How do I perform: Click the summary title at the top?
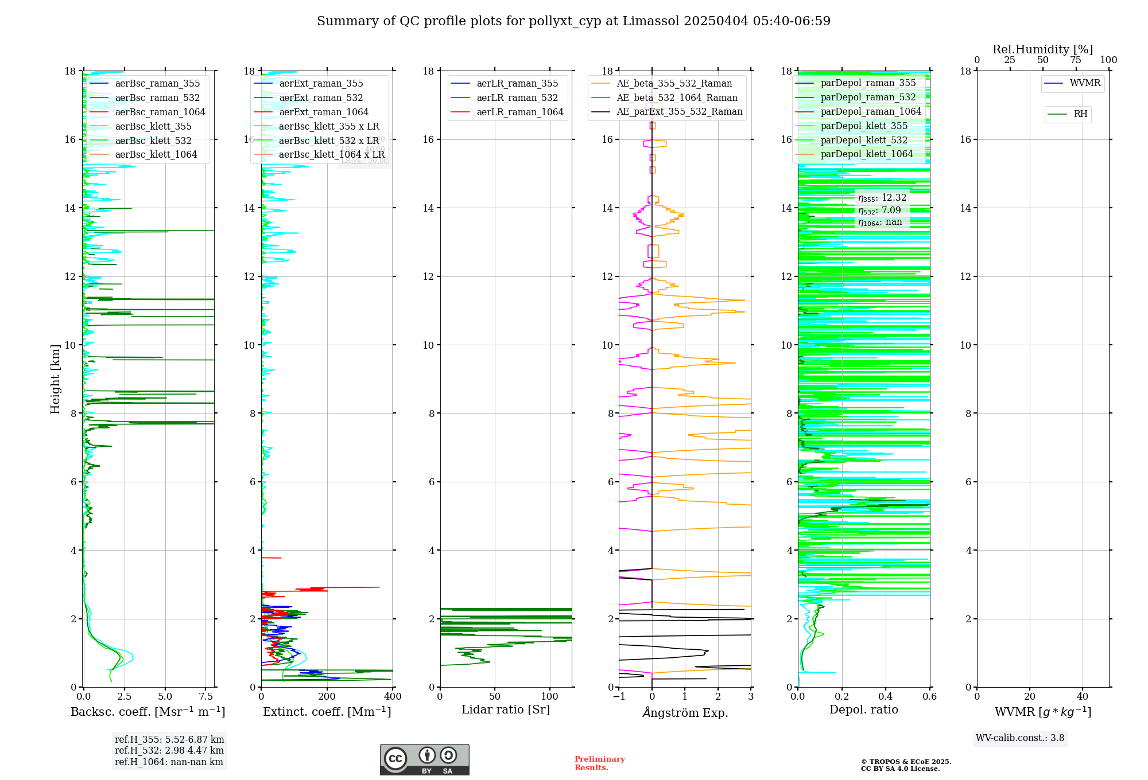coord(573,21)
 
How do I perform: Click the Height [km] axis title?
coord(55,379)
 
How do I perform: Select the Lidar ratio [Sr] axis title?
coord(506,709)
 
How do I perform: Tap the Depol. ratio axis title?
coord(863,709)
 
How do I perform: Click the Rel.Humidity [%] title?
coord(1042,49)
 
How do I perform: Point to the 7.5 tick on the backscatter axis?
coord(206,697)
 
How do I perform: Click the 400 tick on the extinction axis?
coord(393,697)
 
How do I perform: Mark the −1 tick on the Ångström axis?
coord(619,697)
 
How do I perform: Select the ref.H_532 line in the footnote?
coord(169,751)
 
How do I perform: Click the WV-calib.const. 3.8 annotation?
coord(1019,738)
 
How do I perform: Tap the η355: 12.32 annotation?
coord(882,198)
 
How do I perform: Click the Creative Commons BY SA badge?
coord(424,759)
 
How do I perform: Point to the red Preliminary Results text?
coord(599,763)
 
